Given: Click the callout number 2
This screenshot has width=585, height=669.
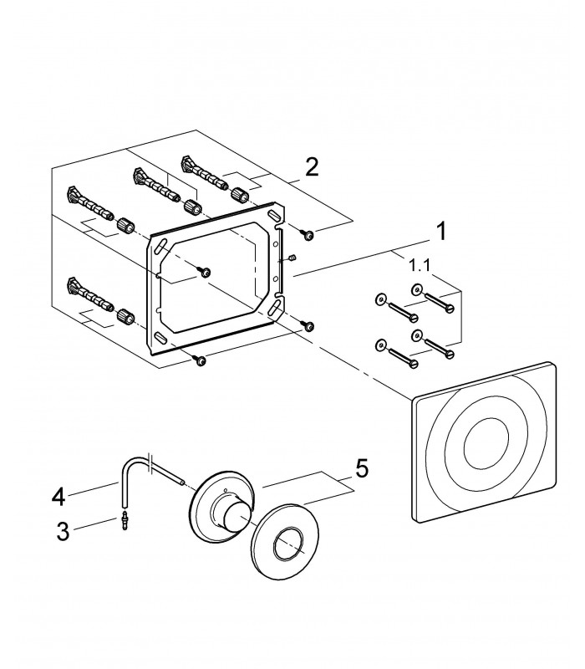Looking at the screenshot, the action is coord(312,166).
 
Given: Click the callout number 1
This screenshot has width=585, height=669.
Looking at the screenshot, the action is coord(441,231).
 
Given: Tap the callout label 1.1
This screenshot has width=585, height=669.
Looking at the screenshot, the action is coord(420,266).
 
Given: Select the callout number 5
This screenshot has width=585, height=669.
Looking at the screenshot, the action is coord(362,469).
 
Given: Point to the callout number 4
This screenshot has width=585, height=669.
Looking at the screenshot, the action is coord(58,497).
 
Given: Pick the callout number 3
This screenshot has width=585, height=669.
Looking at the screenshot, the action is coord(64,532).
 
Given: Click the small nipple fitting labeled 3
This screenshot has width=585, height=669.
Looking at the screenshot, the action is coord(125,520).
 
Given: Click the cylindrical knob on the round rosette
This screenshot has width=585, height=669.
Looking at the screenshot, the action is coord(234,515).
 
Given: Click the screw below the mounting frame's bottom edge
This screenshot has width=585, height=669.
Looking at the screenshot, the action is coord(199,360).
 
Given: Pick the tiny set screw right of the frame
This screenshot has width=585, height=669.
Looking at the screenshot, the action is coord(292,258).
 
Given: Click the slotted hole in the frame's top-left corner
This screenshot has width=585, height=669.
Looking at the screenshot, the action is coord(160,248).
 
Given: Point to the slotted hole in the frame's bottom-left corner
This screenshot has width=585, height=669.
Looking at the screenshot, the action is coord(160,337).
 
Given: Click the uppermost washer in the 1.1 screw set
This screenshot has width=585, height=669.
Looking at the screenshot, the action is coord(416,290).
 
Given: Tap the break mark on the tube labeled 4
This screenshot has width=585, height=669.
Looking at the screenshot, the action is coord(149,462).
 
